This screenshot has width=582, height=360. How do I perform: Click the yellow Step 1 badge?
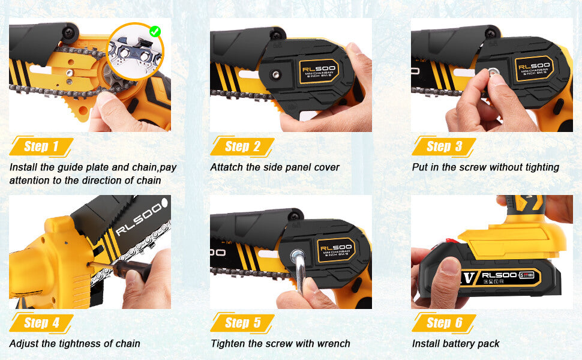click(x=41, y=146)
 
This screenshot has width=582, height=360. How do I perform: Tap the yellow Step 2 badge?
click(x=242, y=146)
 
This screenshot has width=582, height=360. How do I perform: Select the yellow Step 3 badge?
click(x=443, y=146)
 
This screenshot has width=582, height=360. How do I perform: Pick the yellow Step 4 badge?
click(x=41, y=323)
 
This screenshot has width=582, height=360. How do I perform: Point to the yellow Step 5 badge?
click(x=242, y=323)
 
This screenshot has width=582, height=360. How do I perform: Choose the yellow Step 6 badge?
click(x=443, y=323)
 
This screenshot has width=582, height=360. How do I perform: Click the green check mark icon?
click(x=155, y=32)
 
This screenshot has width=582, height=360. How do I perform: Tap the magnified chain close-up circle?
click(x=135, y=52)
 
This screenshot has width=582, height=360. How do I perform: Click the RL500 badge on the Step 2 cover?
click(x=319, y=71)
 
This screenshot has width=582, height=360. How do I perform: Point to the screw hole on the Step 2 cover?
click(x=275, y=74)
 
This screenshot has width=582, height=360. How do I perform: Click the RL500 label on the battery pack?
click(x=499, y=275)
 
